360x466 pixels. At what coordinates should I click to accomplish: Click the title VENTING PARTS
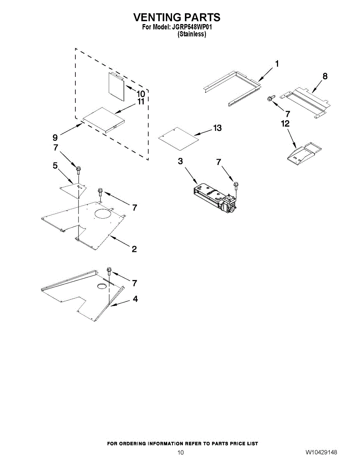point(177,17)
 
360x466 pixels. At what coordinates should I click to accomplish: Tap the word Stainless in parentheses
point(191,34)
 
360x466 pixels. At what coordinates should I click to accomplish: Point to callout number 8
point(325,77)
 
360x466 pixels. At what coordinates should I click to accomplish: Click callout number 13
point(217,128)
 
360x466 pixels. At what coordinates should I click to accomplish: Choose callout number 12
point(285,123)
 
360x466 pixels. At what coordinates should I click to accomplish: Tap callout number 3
point(181,162)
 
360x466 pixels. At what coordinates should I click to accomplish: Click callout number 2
point(134,249)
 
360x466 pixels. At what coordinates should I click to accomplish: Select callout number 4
point(134,299)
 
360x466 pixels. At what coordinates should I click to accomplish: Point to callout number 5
point(55,166)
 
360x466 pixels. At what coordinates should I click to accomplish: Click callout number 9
point(55,137)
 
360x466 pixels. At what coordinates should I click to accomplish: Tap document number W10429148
point(321,453)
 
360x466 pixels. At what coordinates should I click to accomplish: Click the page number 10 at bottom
point(180,453)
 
